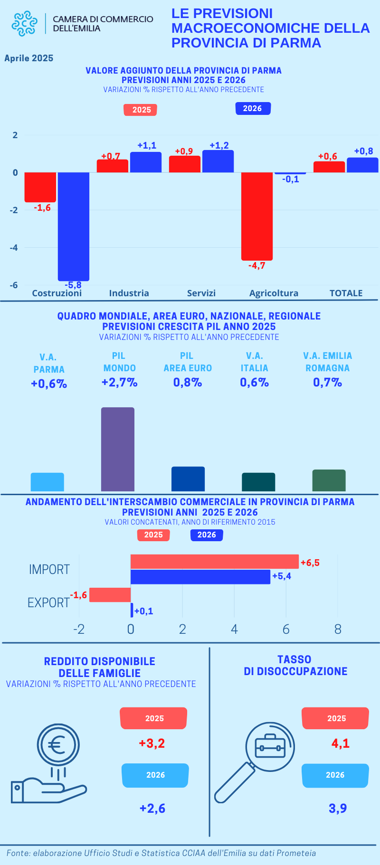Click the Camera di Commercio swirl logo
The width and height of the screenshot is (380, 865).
pyautogui.click(x=24, y=23)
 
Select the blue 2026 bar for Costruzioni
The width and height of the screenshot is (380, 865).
pyautogui.click(x=74, y=226)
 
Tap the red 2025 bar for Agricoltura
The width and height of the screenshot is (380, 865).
pyautogui.click(x=257, y=216)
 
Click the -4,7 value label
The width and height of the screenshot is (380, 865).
pyautogui.click(x=257, y=266)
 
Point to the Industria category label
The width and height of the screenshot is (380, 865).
pyautogui.click(x=129, y=293)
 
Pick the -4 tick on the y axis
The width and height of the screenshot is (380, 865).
pyautogui.click(x=14, y=247)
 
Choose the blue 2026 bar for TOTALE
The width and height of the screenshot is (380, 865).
pyautogui.click(x=362, y=165)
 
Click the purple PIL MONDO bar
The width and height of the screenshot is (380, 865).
pyautogui.click(x=118, y=449)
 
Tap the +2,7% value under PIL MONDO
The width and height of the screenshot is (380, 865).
pyautogui.click(x=119, y=383)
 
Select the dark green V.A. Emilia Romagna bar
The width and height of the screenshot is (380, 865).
pyautogui.click(x=329, y=480)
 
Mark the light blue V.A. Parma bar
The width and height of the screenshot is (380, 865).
pyautogui.click(x=47, y=482)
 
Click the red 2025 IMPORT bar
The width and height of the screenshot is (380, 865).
pyautogui.click(x=215, y=562)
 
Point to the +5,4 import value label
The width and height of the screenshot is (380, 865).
pyautogui.click(x=282, y=576)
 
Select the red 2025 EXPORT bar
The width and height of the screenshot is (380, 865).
pyautogui.click(x=110, y=595)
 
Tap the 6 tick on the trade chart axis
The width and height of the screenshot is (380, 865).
pyautogui.click(x=286, y=630)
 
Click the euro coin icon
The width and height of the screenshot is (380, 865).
pyautogui.click(x=58, y=744)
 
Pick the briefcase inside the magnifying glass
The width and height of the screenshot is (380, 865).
pyautogui.click(x=270, y=746)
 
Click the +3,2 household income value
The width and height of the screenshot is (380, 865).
pyautogui.click(x=152, y=743)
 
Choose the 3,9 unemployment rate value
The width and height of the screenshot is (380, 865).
pyautogui.click(x=338, y=808)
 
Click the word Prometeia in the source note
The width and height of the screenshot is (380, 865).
pyautogui.click(x=296, y=853)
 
